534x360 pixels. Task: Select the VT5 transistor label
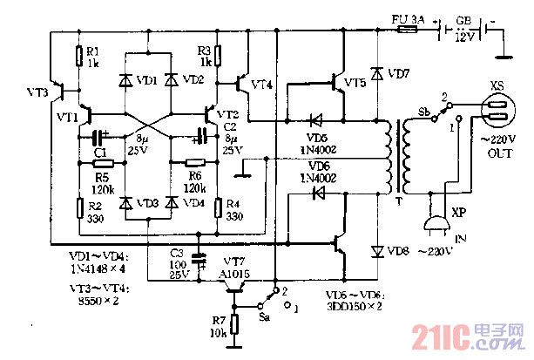click(355, 84)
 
